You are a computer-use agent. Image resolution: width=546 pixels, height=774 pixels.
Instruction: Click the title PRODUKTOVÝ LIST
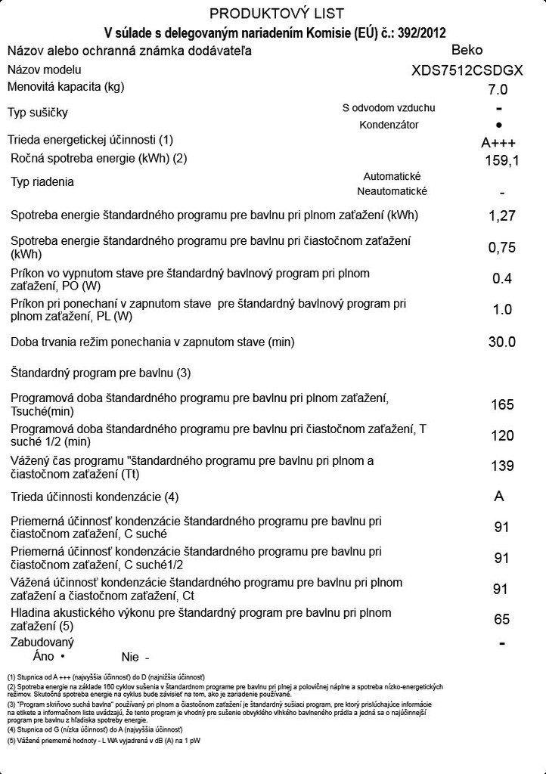[x=276, y=14]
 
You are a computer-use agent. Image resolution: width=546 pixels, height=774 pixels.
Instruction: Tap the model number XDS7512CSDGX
[x=467, y=71]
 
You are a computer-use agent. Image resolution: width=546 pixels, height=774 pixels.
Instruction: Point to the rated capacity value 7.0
[x=498, y=89]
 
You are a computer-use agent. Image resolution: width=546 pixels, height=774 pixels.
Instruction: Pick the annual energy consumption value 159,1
[x=501, y=160]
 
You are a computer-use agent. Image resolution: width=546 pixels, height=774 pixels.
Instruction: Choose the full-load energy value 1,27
[x=502, y=215]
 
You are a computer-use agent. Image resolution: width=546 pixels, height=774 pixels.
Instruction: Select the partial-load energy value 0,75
[x=502, y=247]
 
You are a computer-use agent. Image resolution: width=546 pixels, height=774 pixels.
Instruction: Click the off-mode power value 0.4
[x=502, y=279]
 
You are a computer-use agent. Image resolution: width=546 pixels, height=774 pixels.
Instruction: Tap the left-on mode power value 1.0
[x=502, y=310]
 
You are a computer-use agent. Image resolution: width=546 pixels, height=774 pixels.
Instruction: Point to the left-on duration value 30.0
[x=502, y=342]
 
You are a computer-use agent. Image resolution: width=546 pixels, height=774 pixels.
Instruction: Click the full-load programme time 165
[x=502, y=404]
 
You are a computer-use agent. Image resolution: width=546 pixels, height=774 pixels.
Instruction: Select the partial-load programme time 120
[x=502, y=435]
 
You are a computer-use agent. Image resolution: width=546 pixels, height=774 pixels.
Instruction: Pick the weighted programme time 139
[x=502, y=466]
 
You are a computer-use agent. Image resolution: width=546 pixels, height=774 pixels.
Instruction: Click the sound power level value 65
[x=502, y=620]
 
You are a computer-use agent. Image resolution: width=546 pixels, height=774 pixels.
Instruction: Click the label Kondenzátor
[x=389, y=125]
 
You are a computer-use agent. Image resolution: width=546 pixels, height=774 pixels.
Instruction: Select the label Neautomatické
[x=392, y=191]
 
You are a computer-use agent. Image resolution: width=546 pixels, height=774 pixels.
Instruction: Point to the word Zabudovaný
[x=42, y=642]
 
